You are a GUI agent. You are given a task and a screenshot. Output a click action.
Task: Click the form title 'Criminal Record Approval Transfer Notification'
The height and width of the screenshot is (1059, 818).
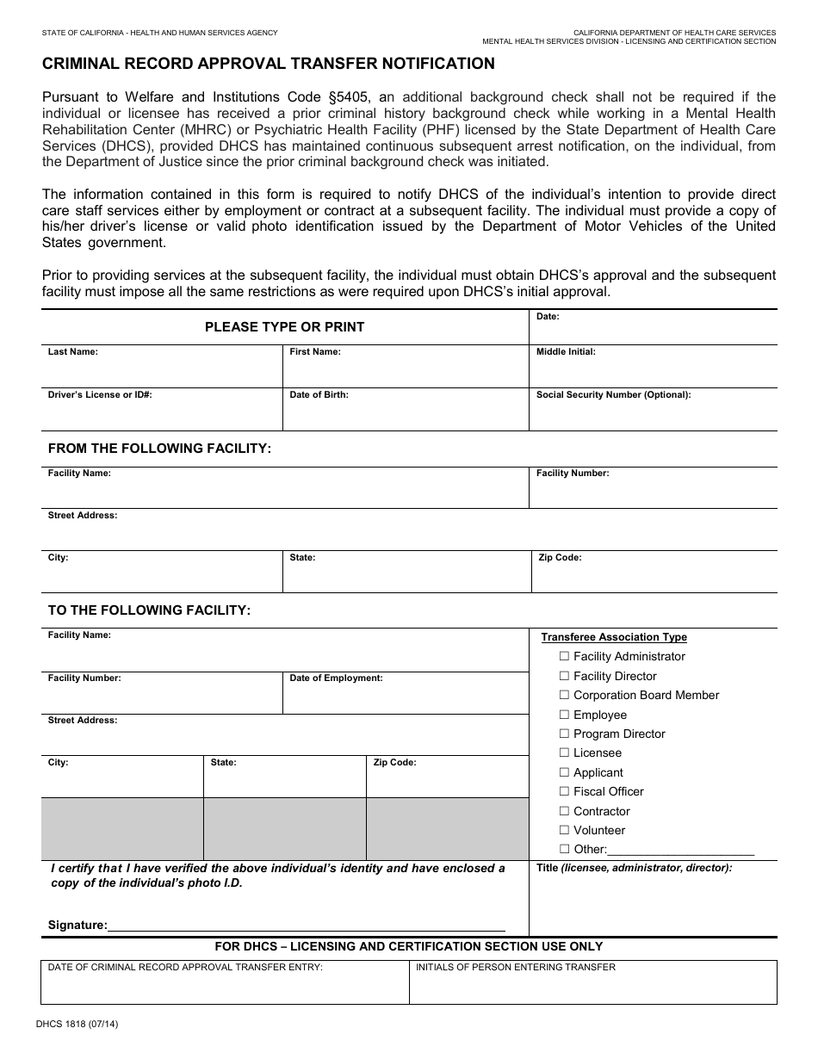[x=269, y=64]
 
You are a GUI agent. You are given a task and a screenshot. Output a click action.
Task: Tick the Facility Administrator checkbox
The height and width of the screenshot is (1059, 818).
[x=565, y=656]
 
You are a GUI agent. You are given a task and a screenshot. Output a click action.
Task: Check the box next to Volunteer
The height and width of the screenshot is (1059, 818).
[x=565, y=830]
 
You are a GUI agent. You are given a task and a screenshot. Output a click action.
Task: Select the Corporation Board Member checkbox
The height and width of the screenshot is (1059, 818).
[x=565, y=695]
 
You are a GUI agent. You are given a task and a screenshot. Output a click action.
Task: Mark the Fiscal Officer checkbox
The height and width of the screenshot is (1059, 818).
[x=565, y=791]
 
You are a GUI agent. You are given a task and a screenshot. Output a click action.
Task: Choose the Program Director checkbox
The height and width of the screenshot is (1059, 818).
[x=565, y=734]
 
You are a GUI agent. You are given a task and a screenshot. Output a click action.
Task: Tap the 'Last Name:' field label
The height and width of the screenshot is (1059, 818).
[x=73, y=352]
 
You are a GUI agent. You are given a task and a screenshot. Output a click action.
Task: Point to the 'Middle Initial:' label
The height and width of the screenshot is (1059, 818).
[x=566, y=352]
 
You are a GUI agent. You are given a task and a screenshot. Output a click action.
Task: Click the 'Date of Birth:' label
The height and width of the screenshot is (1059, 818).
[x=319, y=395]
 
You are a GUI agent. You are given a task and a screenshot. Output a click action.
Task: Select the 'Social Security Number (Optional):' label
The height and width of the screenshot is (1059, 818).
[x=613, y=395]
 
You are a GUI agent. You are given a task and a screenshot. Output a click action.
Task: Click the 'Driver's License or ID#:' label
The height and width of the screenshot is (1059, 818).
[x=100, y=395]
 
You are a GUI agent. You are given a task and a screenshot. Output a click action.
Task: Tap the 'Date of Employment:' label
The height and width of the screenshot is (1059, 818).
[x=336, y=678]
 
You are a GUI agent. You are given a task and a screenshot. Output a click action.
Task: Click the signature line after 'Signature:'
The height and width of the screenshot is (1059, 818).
[x=306, y=926]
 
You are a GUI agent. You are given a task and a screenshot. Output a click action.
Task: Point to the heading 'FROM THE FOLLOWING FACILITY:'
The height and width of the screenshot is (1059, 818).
[x=159, y=449]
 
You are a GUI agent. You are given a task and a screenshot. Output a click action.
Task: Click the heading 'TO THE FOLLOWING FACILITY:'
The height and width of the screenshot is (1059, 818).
[x=149, y=610]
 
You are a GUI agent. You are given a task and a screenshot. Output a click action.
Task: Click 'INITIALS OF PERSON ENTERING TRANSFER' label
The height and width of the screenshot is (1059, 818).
[x=515, y=968]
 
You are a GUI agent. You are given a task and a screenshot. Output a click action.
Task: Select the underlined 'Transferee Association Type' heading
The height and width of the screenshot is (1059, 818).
[x=614, y=637]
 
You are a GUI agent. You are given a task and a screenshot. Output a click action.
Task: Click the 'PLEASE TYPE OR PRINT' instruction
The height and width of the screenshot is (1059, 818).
[x=284, y=327]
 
